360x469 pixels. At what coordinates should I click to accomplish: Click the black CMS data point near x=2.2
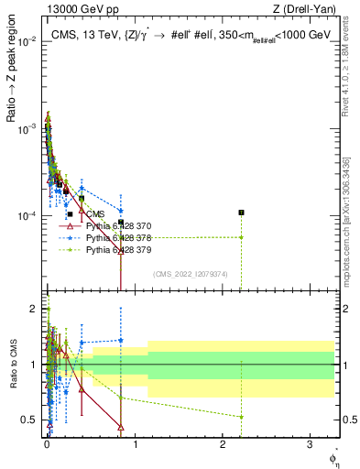tap(241, 213)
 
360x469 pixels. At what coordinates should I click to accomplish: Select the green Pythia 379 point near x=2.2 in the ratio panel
tap(241, 417)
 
